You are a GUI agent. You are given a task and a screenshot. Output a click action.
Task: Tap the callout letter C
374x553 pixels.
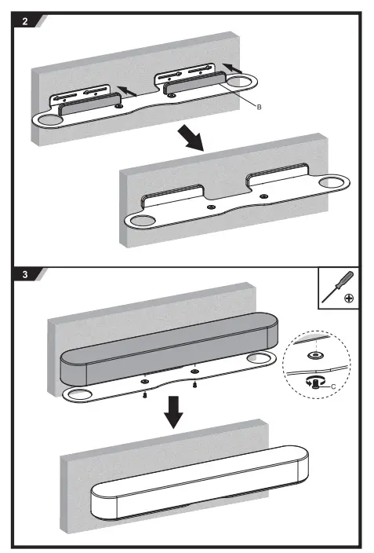334,386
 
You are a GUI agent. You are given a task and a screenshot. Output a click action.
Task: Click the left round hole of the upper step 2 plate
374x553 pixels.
49,119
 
